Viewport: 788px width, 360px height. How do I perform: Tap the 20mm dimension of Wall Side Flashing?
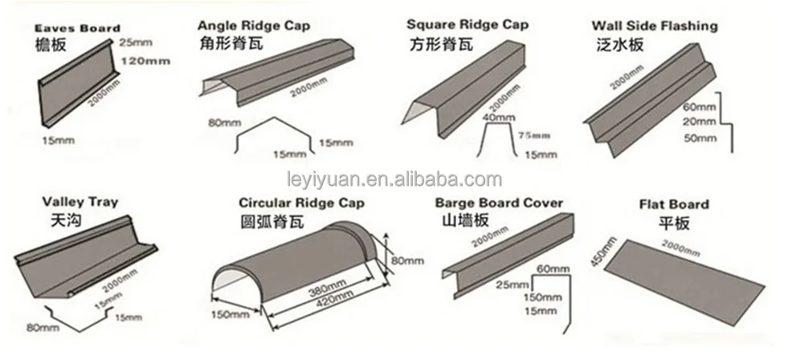pos(698,121)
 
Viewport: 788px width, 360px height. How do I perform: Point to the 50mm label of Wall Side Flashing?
pos(698,137)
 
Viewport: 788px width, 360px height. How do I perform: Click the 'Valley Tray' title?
pos(67,202)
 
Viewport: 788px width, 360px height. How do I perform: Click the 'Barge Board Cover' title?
pos(498,202)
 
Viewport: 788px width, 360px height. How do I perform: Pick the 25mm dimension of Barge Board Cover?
pos(512,283)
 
